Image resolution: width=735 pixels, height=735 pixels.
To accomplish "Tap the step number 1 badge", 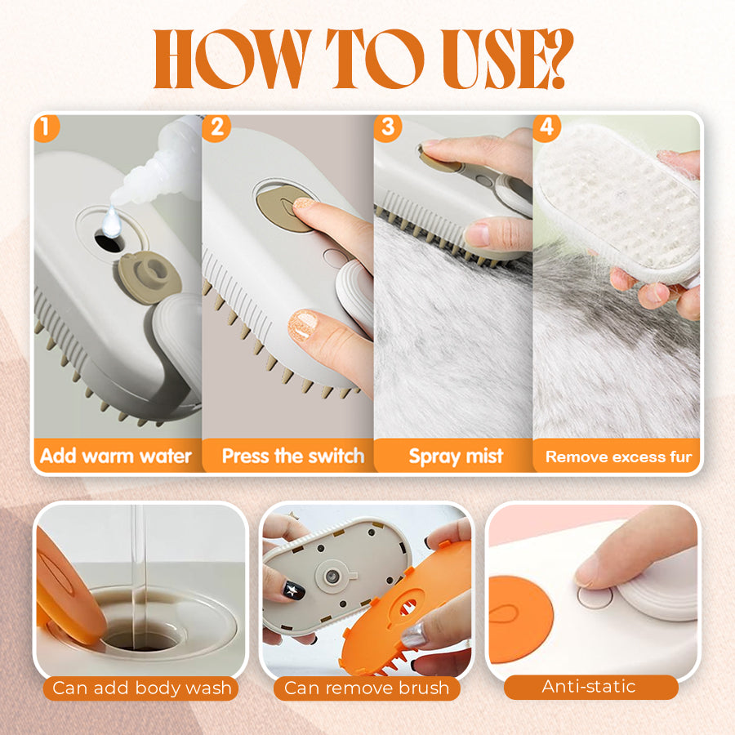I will click(x=46, y=127).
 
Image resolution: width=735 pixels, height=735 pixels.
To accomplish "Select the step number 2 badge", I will click(x=217, y=127).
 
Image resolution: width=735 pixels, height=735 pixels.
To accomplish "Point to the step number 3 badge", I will click(x=388, y=127).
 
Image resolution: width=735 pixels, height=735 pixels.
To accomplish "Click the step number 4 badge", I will click(x=546, y=127).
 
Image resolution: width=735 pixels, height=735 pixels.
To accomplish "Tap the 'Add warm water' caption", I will click(x=115, y=456).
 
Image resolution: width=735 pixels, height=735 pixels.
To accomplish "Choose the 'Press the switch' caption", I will click(x=292, y=456).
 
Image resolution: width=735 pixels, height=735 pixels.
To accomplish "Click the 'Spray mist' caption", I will click(x=456, y=457).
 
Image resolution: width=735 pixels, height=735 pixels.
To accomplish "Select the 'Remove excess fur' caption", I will click(x=618, y=457).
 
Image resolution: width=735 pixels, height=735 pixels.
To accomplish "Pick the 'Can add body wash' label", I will click(x=141, y=688).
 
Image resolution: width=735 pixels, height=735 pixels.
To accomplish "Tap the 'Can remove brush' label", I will click(x=367, y=688).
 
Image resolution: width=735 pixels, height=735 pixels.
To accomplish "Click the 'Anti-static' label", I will click(x=590, y=687).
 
